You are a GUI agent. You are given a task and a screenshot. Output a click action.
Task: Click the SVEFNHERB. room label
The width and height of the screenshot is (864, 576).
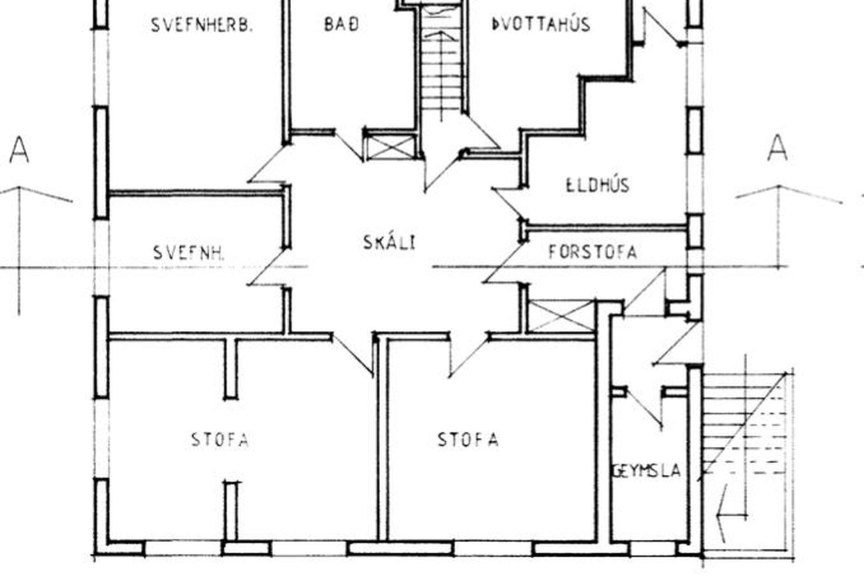[201, 25]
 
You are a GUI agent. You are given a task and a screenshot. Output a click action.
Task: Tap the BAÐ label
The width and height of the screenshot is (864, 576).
[342, 25]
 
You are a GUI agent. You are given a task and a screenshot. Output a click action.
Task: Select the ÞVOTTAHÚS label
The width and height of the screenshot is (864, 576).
[541, 24]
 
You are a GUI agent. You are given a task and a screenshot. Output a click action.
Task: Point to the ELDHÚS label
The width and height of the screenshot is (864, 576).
[597, 185]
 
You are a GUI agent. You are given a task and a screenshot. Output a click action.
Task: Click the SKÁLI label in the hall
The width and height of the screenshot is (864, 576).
[389, 242]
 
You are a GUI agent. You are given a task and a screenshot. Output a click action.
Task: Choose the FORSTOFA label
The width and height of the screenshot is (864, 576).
[592, 252]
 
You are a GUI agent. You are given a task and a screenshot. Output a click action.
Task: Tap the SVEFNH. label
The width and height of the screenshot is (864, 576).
[189, 253]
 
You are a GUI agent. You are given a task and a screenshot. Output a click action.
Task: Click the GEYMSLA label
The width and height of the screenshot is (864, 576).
[647, 471]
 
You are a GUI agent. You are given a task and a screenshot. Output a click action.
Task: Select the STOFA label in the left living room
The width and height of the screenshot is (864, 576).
[220, 440]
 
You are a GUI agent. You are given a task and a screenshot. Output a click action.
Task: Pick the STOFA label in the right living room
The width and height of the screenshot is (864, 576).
[469, 439]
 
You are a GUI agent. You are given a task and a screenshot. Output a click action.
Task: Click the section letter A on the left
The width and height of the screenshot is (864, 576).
[19, 149]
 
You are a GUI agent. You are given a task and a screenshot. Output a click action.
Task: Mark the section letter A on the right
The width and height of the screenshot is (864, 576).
[777, 147]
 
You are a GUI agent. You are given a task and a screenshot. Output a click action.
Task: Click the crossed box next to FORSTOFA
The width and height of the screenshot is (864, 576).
[561, 316]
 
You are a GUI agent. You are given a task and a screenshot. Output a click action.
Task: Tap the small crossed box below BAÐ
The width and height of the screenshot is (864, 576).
[390, 147]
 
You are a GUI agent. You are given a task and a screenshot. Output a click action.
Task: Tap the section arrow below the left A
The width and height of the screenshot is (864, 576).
[19, 250]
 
